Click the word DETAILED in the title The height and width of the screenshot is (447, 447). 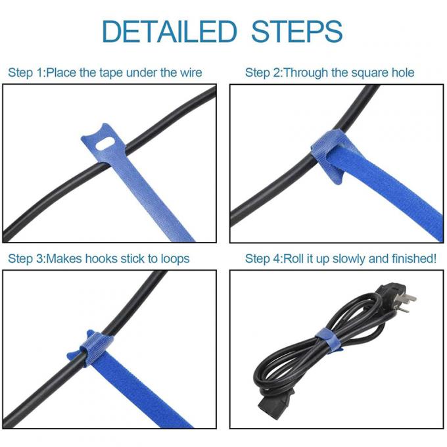[169, 31]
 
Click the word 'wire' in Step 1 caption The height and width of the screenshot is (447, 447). [189, 72]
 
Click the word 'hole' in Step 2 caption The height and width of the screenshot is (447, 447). [401, 72]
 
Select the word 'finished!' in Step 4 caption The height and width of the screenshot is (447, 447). [412, 258]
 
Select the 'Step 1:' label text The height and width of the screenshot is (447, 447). [26, 72]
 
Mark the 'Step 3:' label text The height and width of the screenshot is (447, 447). [26, 258]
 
